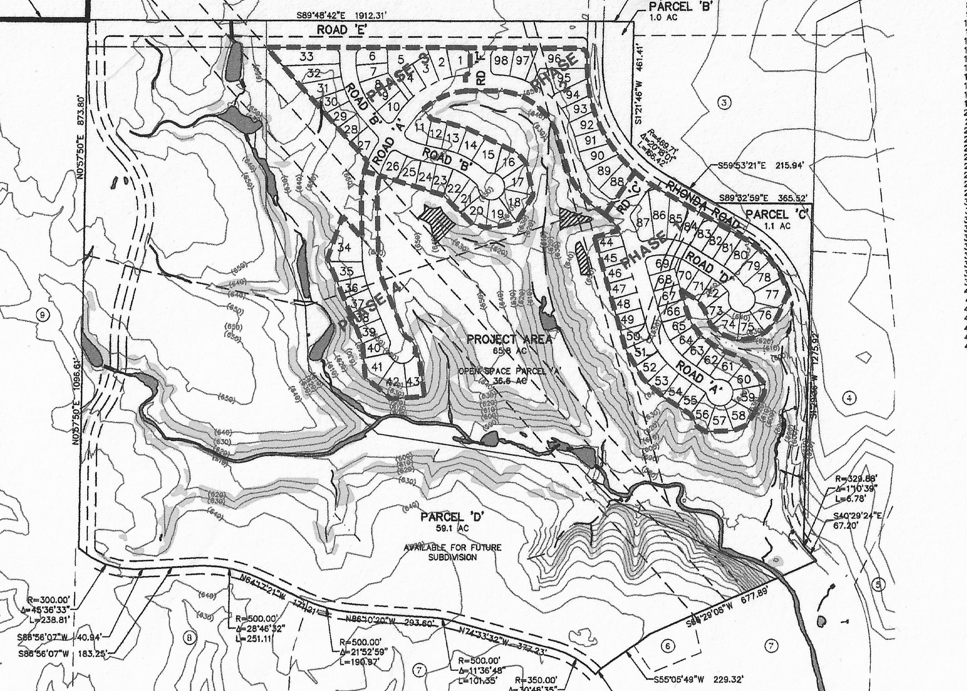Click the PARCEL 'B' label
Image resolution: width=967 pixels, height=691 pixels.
click(680, 7)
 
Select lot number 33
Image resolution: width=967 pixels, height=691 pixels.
click(307, 56)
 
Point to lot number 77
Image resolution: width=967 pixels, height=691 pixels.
click(772, 294)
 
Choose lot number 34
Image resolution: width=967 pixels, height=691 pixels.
click(344, 247)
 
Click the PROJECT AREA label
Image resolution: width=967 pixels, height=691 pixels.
click(510, 340)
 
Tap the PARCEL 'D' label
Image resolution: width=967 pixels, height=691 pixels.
click(453, 517)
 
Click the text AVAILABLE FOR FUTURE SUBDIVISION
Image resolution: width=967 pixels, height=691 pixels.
click(453, 552)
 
